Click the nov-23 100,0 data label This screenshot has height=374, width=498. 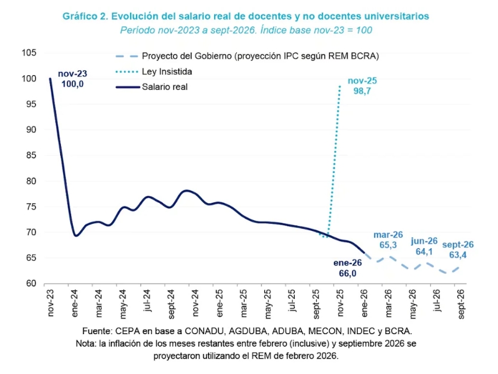[x=73, y=79]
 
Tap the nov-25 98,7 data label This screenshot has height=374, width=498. [x=362, y=86]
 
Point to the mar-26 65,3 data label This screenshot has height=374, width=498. [x=389, y=240]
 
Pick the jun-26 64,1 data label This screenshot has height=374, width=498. [x=424, y=246]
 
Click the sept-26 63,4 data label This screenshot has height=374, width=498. [x=458, y=250]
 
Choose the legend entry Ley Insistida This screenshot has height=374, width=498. [x=166, y=72]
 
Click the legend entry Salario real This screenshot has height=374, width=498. [x=165, y=87]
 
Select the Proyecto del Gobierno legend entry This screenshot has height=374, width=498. [x=260, y=56]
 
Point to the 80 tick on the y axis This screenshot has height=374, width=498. [x=32, y=181]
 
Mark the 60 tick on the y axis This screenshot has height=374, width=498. [x=32, y=284]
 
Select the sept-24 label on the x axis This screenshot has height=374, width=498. [x=171, y=304]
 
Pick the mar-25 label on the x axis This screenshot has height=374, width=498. [x=244, y=302]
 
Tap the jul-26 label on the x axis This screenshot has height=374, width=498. [x=437, y=301]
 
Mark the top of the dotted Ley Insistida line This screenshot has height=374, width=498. [x=340, y=86]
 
